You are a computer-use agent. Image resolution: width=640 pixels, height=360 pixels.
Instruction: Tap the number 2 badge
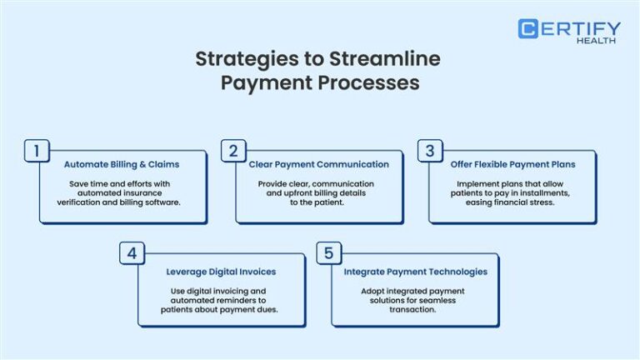click(x=233, y=151)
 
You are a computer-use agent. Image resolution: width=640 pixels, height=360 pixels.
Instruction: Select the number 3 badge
click(x=430, y=151)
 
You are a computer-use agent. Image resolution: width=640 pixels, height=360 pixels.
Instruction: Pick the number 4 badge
click(x=132, y=253)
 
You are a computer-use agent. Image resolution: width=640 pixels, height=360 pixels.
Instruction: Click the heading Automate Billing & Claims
click(x=122, y=164)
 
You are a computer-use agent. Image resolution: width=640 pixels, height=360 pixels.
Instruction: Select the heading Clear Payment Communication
click(x=318, y=164)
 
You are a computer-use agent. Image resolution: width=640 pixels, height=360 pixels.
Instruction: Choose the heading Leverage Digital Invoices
click(x=222, y=271)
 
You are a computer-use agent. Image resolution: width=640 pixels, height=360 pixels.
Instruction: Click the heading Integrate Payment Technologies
click(x=415, y=271)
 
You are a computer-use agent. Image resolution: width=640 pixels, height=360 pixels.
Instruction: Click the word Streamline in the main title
click(x=394, y=59)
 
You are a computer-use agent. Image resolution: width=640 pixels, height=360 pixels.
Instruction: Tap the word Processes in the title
click(x=374, y=83)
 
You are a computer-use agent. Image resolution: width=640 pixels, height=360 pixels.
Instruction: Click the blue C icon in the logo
click(x=527, y=28)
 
